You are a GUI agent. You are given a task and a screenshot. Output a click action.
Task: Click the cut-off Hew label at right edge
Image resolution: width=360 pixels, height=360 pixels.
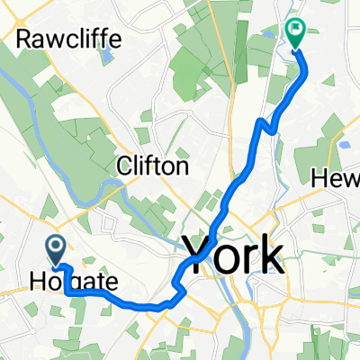[x=336, y=179]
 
